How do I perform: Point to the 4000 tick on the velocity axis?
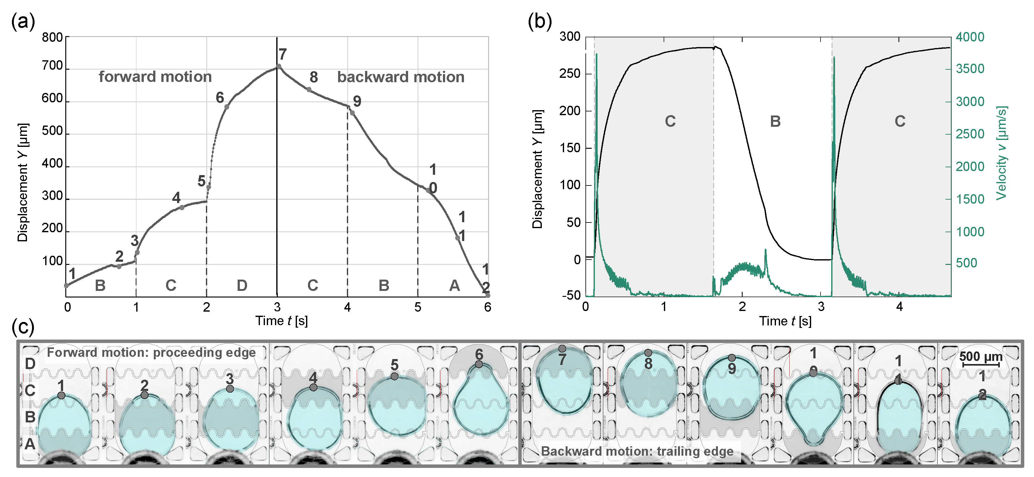click(970, 37)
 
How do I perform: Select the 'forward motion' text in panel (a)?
click(155, 77)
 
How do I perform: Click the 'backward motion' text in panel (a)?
click(401, 77)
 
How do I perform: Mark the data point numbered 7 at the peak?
click(279, 66)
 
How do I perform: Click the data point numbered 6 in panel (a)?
click(227, 107)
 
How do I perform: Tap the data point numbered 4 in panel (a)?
click(182, 207)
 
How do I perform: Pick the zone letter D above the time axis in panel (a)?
click(242, 286)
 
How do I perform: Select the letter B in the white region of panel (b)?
click(775, 121)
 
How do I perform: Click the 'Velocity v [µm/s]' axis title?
click(1002, 153)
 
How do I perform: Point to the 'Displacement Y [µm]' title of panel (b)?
click(537, 169)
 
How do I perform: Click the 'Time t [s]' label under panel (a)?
click(281, 321)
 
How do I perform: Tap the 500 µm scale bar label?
click(981, 356)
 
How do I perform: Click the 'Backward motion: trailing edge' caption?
click(637, 451)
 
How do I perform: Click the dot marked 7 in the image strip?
click(562, 349)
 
